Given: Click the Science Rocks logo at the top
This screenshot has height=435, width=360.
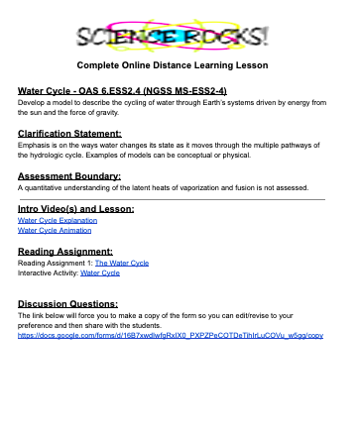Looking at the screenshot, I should coord(180,37).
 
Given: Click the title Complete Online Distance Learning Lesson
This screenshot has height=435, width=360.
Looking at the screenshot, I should coord(180,66).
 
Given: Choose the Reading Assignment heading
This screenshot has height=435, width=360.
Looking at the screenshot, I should coord(64,252).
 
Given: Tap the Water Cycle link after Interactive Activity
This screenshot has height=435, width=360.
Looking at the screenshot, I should coord(99,272).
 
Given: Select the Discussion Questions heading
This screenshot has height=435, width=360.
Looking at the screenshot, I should coord(67,304).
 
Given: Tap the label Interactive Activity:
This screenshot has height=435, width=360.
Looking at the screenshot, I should coord(47,272).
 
